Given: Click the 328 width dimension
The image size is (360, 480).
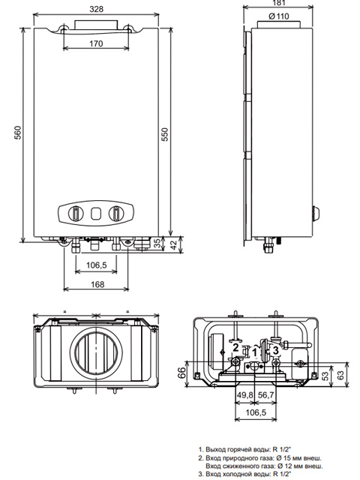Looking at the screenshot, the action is click(x=97, y=9).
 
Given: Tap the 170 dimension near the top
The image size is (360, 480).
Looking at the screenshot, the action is click(x=96, y=43).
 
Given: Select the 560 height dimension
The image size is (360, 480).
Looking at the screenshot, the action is click(x=18, y=132).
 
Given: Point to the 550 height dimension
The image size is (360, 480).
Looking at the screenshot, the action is click(x=165, y=134).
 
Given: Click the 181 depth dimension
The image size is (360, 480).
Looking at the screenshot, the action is click(x=278, y=3).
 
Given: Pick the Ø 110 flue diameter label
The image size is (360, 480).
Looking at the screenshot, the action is click(x=278, y=16).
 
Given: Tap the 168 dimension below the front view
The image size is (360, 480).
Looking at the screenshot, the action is click(x=97, y=284).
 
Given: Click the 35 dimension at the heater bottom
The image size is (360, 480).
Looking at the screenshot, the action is click(x=157, y=243).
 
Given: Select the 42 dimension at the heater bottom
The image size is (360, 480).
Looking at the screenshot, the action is click(x=173, y=245).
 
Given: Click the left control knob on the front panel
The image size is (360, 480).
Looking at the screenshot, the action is click(x=76, y=213).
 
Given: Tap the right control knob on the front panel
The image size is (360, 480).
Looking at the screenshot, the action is click(x=116, y=213).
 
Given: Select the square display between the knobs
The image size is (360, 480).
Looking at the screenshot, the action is click(x=96, y=213).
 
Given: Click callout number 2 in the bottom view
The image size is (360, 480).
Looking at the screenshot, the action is click(x=235, y=347).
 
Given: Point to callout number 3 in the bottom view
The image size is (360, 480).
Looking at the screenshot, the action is click(x=276, y=349).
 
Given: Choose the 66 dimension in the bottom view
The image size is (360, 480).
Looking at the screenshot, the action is click(x=181, y=373).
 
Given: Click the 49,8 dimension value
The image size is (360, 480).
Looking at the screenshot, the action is click(x=245, y=395).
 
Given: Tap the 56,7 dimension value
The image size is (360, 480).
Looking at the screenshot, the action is click(x=265, y=395).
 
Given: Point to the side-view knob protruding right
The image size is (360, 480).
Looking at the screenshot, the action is click(x=316, y=213).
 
